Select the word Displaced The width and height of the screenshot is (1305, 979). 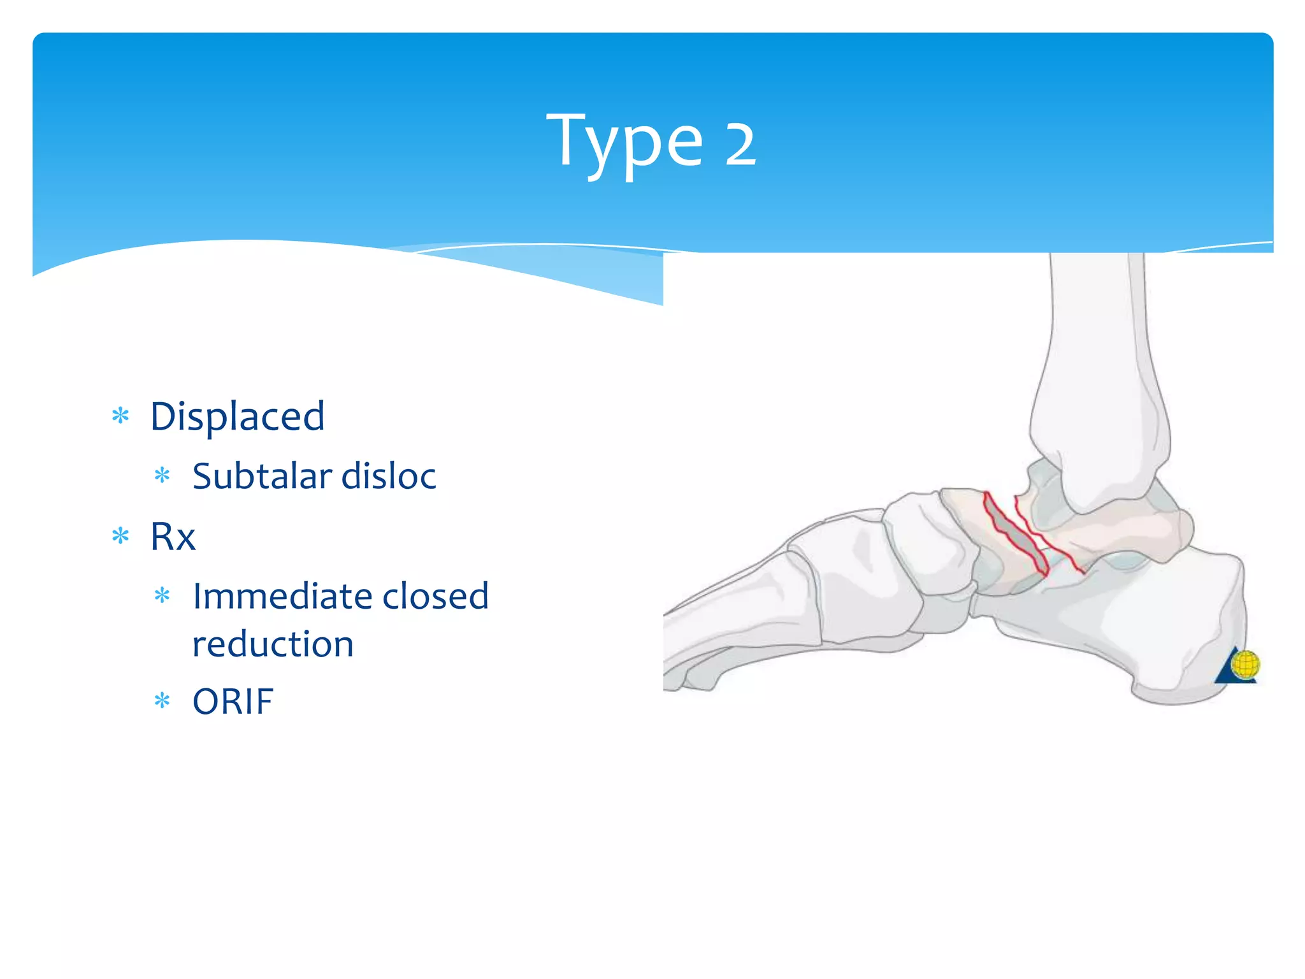point(237,417)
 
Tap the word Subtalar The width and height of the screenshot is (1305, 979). point(262,476)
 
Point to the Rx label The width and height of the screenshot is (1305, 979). point(173,537)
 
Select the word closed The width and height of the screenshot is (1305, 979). point(435,597)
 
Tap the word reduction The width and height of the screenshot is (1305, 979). point(273,644)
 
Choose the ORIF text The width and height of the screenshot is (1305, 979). point(233,702)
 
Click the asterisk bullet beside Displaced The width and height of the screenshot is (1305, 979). point(120,417)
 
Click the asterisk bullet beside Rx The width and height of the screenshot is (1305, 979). point(120,536)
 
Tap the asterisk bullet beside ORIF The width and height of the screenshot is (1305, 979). point(162,701)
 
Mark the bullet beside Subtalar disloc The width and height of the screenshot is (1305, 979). point(162,475)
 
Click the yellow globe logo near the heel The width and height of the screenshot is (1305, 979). point(1244,665)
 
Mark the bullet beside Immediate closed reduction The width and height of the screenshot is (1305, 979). point(162,596)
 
